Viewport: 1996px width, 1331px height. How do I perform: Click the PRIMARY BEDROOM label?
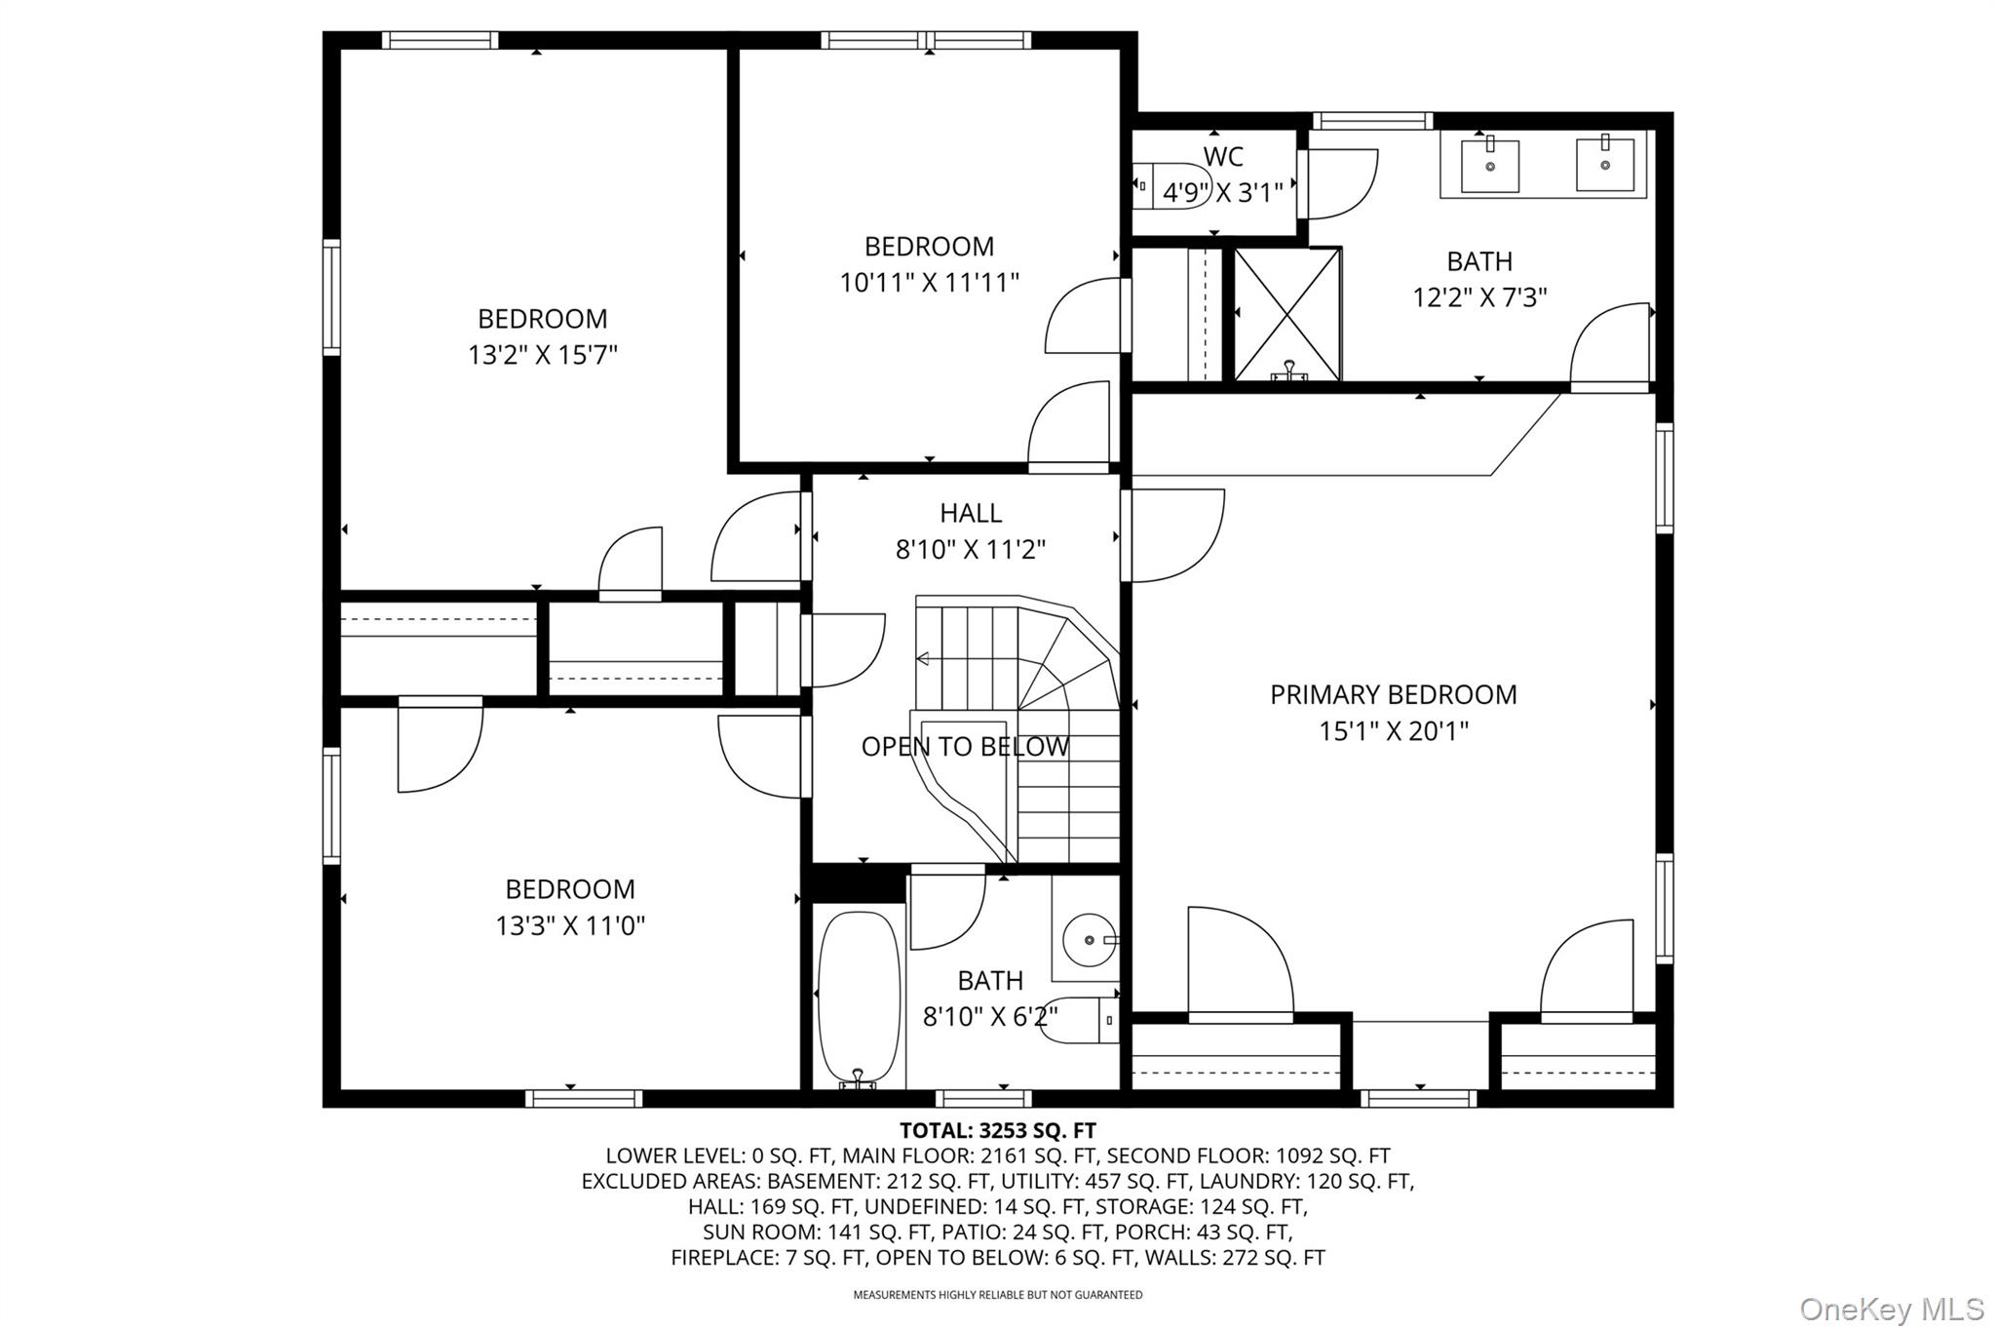(x=1393, y=694)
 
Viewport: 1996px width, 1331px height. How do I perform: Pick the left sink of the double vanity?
(x=1490, y=167)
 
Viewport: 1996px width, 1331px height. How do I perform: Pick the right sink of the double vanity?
(x=1604, y=165)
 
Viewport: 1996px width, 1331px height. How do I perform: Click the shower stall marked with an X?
(x=1286, y=314)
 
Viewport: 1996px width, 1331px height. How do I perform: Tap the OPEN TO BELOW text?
(x=965, y=747)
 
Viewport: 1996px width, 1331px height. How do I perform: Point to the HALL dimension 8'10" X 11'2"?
(x=970, y=550)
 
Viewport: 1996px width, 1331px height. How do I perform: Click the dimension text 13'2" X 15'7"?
(x=543, y=355)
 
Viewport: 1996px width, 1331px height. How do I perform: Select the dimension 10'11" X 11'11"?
(x=929, y=283)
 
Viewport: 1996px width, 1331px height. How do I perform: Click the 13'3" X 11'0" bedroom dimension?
(x=570, y=925)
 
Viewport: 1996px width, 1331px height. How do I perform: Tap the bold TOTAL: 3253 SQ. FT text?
(x=997, y=1131)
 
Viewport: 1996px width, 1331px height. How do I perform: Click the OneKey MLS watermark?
(x=1891, y=1309)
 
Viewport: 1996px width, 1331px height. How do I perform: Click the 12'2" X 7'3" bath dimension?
(x=1479, y=297)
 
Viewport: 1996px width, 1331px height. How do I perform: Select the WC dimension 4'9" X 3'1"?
(x=1222, y=193)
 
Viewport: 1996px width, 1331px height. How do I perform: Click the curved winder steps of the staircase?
(x=1067, y=663)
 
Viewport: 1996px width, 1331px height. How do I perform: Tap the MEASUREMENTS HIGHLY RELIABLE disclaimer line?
(x=997, y=1295)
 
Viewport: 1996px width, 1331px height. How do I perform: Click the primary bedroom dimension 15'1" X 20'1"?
(x=1393, y=731)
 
